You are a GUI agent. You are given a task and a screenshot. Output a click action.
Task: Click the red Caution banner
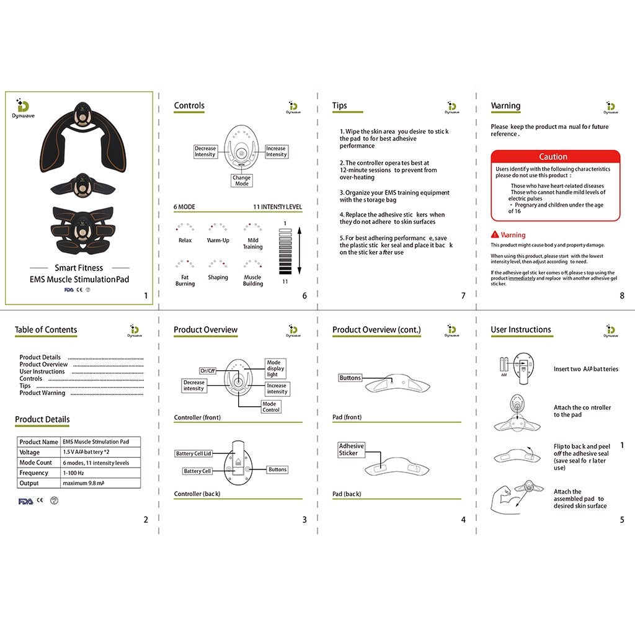555,157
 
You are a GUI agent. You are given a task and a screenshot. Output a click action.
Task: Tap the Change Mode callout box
242,180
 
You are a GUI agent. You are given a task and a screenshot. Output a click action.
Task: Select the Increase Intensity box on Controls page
277,151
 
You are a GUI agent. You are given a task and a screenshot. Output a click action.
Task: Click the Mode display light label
275,368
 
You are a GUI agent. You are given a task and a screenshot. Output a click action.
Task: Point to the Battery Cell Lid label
193,454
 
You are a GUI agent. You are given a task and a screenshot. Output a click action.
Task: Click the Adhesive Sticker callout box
352,450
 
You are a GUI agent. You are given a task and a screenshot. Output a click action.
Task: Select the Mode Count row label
36,463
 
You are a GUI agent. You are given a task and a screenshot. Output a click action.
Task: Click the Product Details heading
42,420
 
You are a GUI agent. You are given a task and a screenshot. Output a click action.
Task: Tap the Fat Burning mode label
185,280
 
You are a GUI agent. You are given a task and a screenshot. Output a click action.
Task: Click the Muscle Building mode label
252,280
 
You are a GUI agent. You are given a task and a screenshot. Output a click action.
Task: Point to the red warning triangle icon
495,235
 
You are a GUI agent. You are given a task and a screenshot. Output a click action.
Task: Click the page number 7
463,296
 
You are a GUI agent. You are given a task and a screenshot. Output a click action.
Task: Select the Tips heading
340,105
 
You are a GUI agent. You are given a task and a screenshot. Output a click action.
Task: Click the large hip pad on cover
79,136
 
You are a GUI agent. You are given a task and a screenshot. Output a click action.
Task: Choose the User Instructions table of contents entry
42,371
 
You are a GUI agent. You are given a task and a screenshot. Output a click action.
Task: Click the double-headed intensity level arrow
299,251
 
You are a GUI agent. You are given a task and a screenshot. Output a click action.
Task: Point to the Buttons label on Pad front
350,378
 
